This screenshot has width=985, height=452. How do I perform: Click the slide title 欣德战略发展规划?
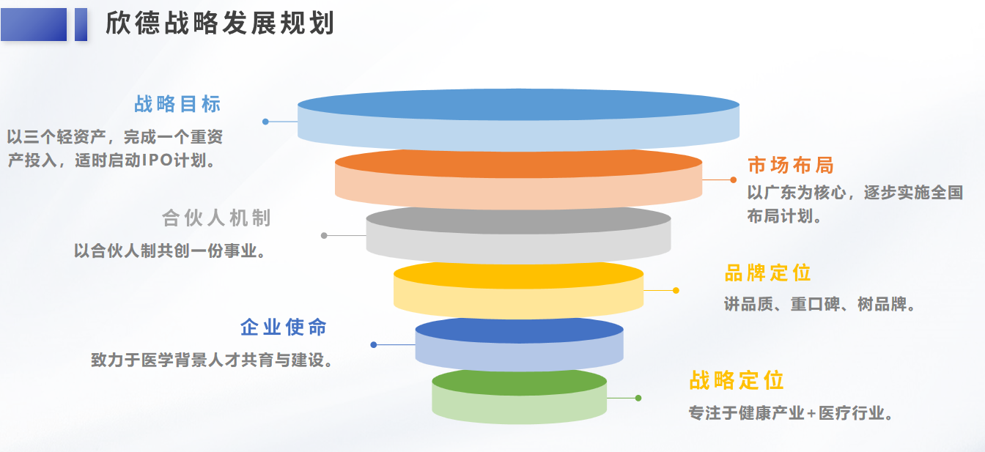(220, 23)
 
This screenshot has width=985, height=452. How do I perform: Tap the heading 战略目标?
(177, 104)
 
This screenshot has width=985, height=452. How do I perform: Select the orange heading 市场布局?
(791, 166)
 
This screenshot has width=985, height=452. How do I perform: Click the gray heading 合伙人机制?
(216, 218)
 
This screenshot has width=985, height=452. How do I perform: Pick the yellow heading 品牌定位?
(768, 273)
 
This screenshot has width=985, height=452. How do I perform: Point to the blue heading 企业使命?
(284, 327)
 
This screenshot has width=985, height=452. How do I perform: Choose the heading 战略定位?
(737, 380)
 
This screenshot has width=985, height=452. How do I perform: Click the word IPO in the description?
(157, 160)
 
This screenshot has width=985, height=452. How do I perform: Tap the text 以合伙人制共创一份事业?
(169, 251)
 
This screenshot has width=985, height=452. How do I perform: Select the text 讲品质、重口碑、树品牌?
(819, 304)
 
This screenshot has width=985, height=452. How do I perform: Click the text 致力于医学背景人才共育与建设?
(212, 360)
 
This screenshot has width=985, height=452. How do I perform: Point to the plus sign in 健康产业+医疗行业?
(811, 414)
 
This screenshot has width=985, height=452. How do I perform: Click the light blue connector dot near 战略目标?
(265, 122)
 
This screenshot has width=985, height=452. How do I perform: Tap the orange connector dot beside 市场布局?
(734, 179)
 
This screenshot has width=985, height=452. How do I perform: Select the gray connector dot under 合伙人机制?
(324, 236)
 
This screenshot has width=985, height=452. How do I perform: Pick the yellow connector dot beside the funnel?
(676, 291)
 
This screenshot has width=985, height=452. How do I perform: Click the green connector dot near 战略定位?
(638, 399)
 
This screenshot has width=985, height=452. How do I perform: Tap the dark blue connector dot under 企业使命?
(373, 345)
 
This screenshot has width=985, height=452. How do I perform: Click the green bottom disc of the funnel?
(520, 396)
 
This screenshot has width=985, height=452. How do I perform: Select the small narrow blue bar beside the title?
(81, 25)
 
